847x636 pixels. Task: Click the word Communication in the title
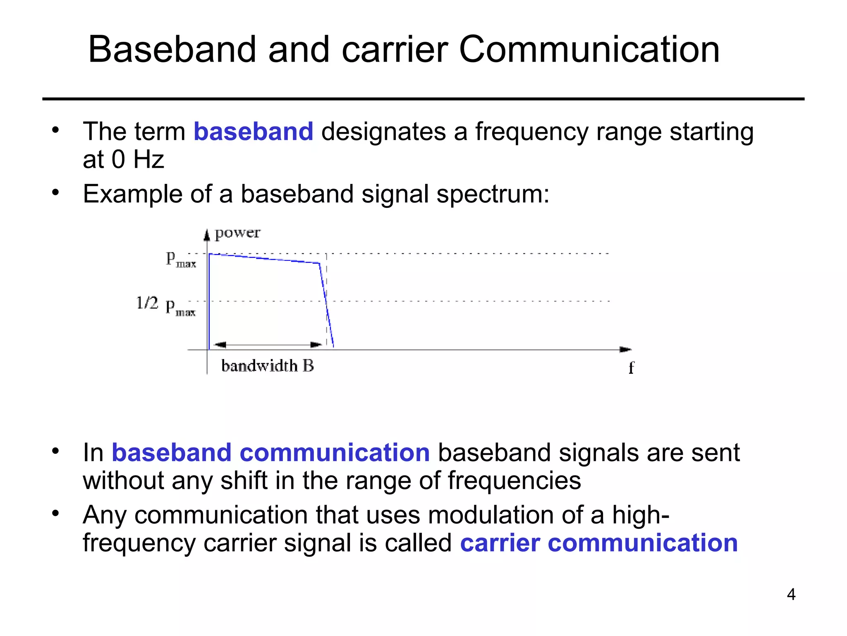pyautogui.click(x=589, y=50)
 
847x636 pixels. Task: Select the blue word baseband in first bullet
pyautogui.click(x=254, y=132)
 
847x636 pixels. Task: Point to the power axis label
pyautogui.click(x=237, y=233)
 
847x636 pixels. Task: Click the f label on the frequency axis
pyautogui.click(x=631, y=367)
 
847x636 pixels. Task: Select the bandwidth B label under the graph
pyautogui.click(x=268, y=366)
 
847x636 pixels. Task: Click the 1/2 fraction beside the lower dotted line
pyautogui.click(x=147, y=303)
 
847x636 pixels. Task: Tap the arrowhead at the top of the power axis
pyautogui.click(x=207, y=235)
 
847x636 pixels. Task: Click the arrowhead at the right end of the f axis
pyautogui.click(x=626, y=349)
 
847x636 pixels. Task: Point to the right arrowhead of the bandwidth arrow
pyautogui.click(x=316, y=344)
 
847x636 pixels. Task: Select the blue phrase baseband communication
pyautogui.click(x=271, y=453)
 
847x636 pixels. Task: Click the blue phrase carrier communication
pyautogui.click(x=599, y=543)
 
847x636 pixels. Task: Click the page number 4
pyautogui.click(x=791, y=595)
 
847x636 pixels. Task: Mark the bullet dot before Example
pyautogui.click(x=56, y=193)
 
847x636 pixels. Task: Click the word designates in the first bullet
pyautogui.click(x=383, y=132)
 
